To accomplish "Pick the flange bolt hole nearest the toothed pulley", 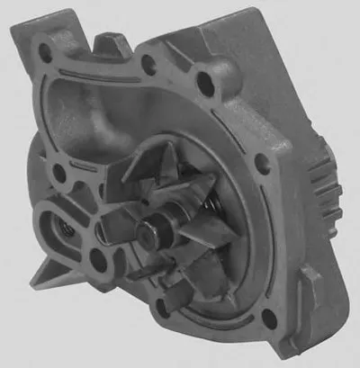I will (262, 163).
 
